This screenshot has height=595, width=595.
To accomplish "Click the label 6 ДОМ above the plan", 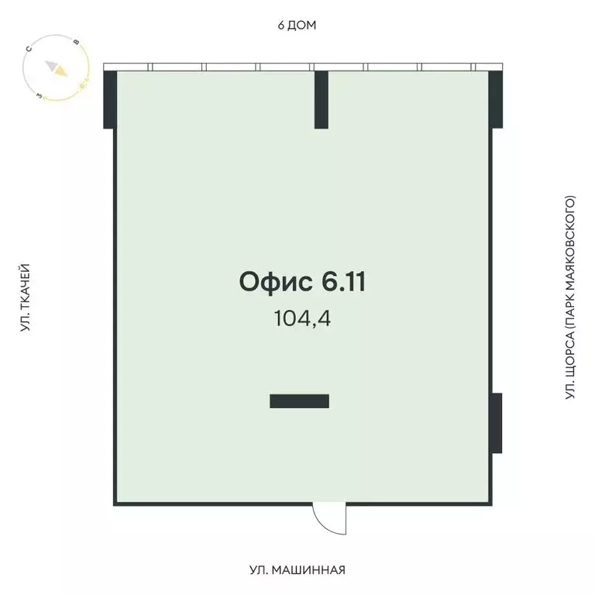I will point(297,25).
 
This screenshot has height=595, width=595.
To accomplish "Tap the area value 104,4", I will point(302,318).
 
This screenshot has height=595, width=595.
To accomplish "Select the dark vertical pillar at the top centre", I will point(322,99).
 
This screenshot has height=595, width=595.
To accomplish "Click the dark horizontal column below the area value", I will point(299,401).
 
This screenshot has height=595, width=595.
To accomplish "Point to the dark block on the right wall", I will point(497,423).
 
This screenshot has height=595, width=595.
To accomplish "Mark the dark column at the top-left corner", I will point(109,99).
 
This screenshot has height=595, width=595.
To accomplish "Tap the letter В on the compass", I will point(76,42).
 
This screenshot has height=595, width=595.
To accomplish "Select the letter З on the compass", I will point(39,96).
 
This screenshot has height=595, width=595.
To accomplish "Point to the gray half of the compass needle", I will point(51,65).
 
